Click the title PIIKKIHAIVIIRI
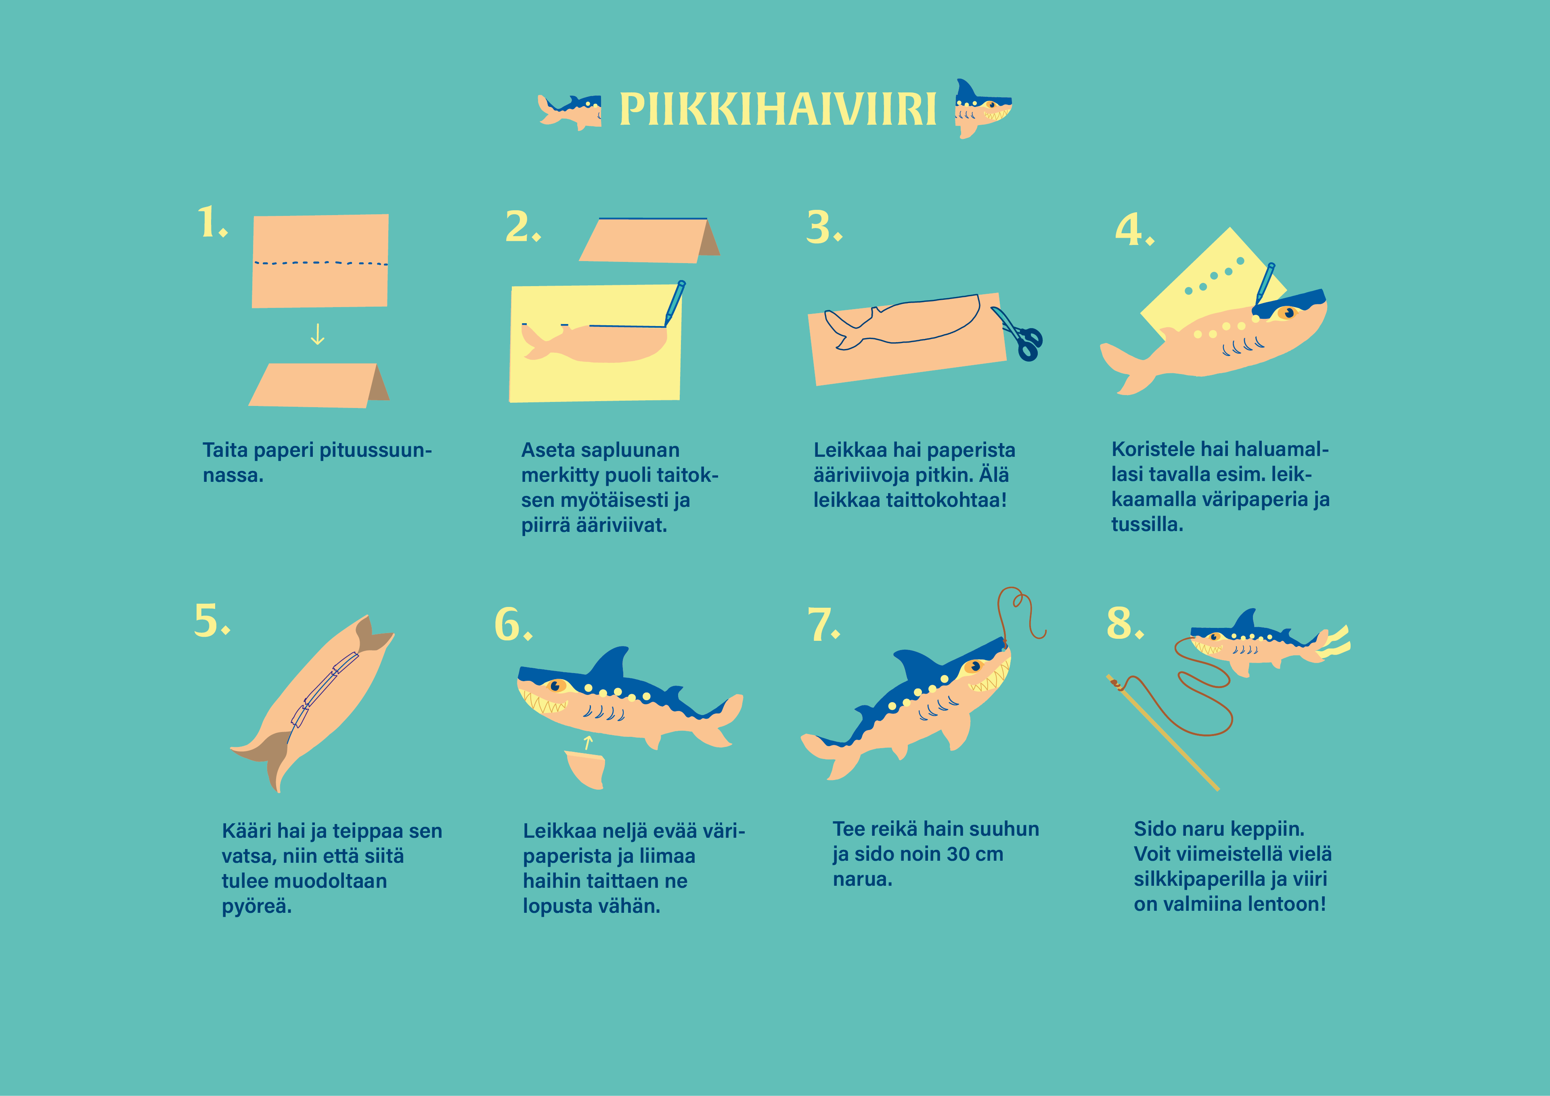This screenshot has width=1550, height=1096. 778,109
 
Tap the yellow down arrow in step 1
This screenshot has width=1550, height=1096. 317,334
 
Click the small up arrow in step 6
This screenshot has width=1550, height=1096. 588,743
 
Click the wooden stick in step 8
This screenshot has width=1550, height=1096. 1162,732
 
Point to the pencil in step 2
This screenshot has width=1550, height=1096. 675,302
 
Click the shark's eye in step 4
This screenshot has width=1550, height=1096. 1288,312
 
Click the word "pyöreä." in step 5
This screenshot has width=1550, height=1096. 257,906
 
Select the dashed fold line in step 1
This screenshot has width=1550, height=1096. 320,263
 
